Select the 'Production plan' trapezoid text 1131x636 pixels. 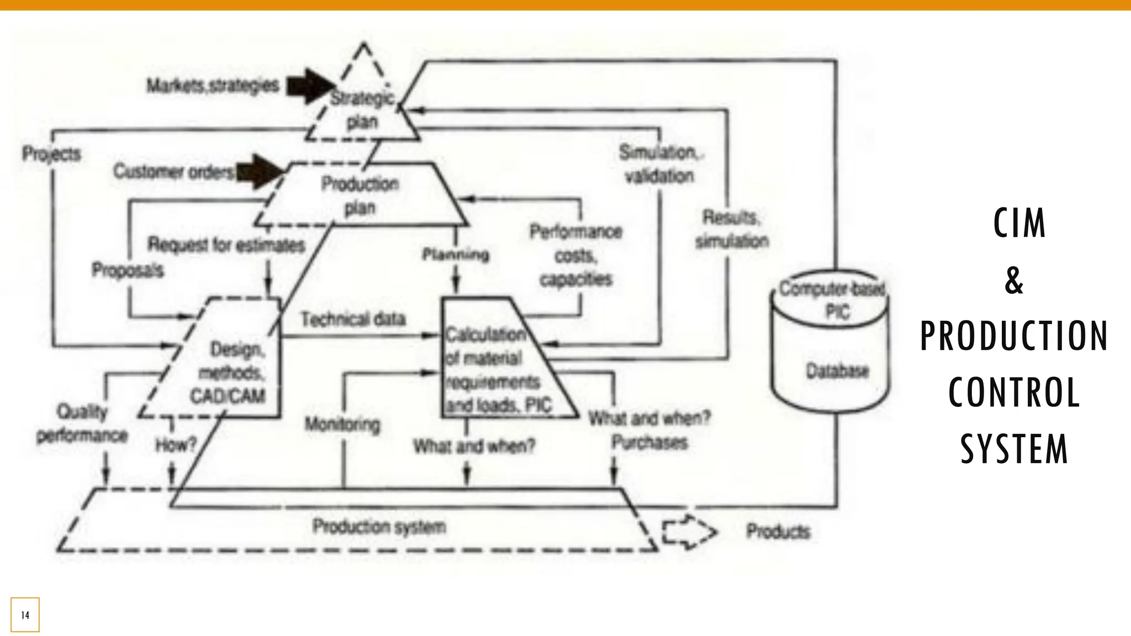[x=360, y=195]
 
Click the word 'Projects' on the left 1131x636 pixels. [x=51, y=153]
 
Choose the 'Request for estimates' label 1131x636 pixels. [x=226, y=245]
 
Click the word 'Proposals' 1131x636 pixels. [x=128, y=270]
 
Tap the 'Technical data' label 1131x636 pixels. [x=353, y=319]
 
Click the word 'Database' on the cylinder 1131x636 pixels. [x=837, y=370]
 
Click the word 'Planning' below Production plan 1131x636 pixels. [x=456, y=255]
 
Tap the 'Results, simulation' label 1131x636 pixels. [x=731, y=229]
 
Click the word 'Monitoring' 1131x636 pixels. [x=342, y=424]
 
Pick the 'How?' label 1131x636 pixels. [x=176, y=444]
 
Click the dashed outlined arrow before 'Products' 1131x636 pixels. [x=689, y=532]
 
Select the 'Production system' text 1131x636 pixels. [x=379, y=526]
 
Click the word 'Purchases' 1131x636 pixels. [x=649, y=442]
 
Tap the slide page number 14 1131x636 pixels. [x=25, y=614]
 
